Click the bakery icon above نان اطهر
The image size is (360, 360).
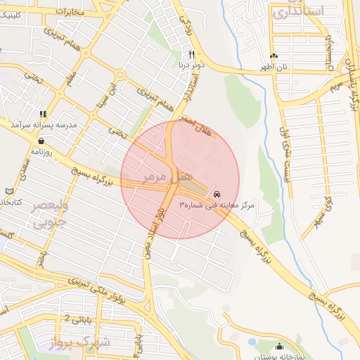pyautogui.click(x=274, y=56)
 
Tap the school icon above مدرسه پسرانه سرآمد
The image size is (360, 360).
pyautogui.click(x=43, y=114)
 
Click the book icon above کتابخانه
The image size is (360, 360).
pyautogui.click(x=8, y=191)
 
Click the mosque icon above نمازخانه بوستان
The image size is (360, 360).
pyautogui.click(x=280, y=346)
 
